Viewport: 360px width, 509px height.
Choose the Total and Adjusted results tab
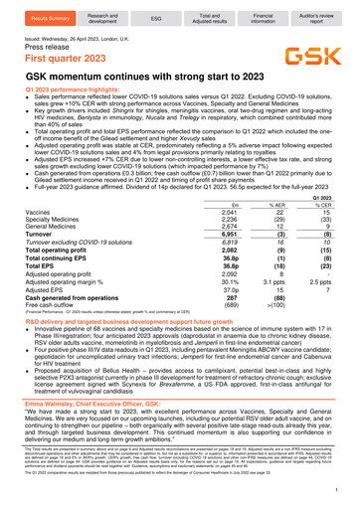[x=209, y=17]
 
